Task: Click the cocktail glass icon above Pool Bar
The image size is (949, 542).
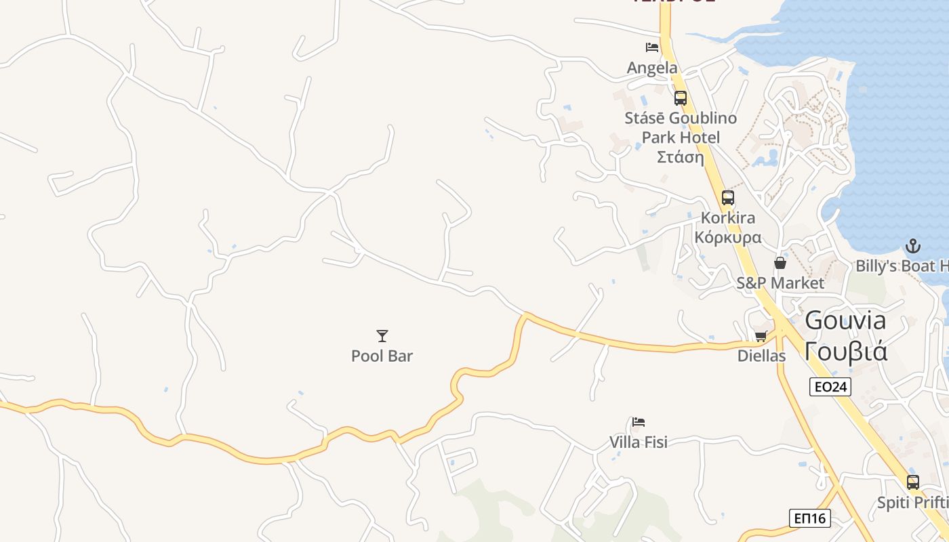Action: coord(382,335)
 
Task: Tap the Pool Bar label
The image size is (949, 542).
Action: coord(382,356)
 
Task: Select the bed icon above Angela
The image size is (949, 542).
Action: coord(652,47)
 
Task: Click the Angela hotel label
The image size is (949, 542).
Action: coord(652,68)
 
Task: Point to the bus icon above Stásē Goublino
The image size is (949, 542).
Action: coord(681,98)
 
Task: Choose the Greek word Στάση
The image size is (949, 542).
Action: coord(681,157)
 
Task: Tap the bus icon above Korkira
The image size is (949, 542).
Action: coord(728,198)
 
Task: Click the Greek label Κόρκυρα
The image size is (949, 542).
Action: coord(728,238)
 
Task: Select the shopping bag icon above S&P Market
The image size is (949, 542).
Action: coord(780,263)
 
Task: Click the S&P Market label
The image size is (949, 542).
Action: coord(780,283)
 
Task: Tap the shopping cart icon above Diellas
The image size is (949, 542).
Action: coord(761,336)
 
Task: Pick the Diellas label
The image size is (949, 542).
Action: coord(761,356)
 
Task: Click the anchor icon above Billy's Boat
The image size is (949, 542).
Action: coord(913,245)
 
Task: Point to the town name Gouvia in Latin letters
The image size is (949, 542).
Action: coord(845,320)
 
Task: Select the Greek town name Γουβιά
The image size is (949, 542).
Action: coord(845,352)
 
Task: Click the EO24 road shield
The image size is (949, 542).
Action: coord(830,387)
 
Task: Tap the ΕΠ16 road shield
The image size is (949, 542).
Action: coord(810,518)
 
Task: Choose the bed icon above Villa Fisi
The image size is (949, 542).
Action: coord(639,422)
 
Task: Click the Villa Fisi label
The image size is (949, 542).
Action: coord(639,442)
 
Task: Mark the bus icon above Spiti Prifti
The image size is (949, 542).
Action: coord(913,482)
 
